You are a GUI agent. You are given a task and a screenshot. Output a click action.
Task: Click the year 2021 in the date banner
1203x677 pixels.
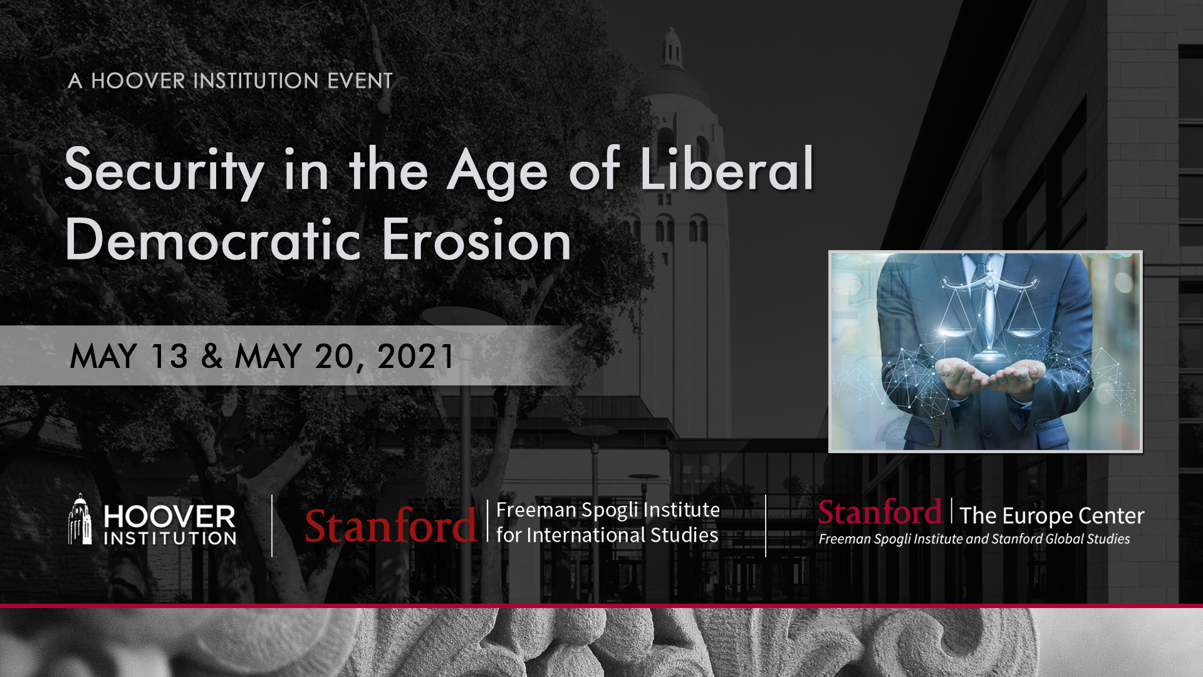click(415, 356)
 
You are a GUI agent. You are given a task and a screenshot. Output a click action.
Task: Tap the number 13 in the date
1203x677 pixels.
click(169, 356)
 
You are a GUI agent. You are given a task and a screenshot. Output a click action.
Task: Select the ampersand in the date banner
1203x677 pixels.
click(212, 356)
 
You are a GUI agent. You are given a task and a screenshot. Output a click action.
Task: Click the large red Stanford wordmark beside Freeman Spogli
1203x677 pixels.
click(390, 525)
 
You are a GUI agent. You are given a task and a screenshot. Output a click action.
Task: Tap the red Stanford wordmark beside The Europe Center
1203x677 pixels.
click(880, 512)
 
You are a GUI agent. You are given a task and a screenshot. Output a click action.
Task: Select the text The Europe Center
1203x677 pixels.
click(1052, 516)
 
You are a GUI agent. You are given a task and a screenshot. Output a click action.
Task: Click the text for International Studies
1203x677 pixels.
click(607, 535)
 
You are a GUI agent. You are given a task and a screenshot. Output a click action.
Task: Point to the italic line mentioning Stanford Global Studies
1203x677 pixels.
click(974, 539)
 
